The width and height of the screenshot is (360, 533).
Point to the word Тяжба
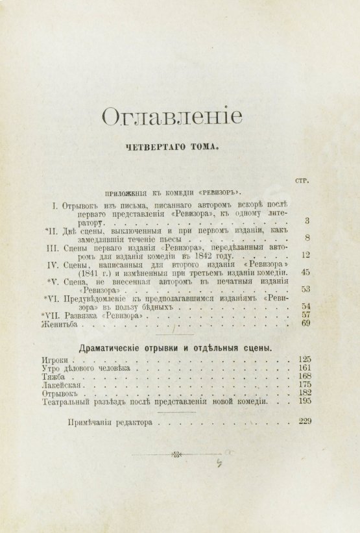click(54, 377)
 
